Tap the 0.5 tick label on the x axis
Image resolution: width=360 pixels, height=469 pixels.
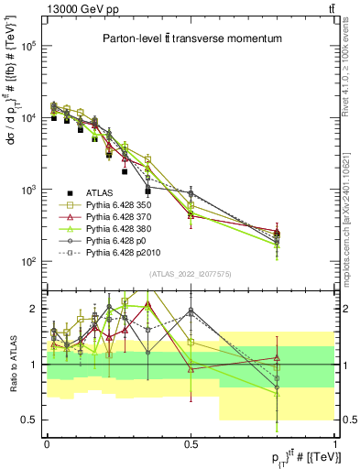[191, 442]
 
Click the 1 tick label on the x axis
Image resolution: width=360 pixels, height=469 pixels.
[334, 442]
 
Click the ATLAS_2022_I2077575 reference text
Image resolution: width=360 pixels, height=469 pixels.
[191, 274]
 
